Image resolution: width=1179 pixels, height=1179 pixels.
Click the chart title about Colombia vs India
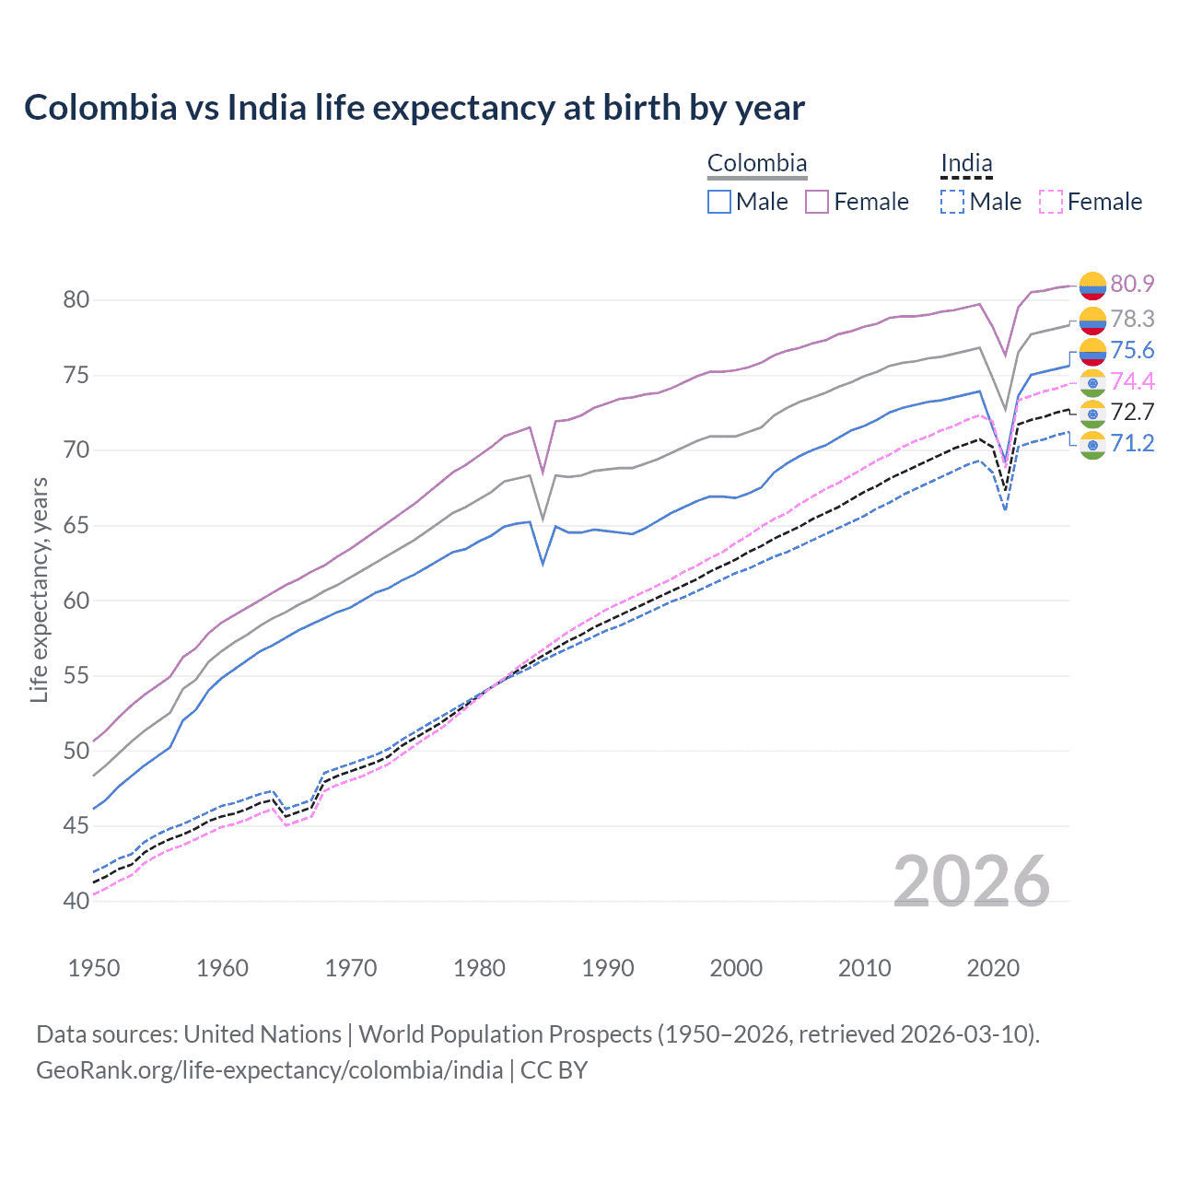pyautogui.click(x=414, y=108)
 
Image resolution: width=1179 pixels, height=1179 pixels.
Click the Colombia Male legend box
pyautogui.click(x=719, y=202)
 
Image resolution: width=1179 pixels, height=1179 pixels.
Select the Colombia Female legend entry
pyautogui.click(x=858, y=202)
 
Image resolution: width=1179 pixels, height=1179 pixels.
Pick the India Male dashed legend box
pyautogui.click(x=952, y=202)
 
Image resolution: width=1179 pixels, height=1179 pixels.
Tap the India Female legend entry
pyautogui.click(x=1091, y=202)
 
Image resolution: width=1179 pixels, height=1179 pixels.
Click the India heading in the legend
pyautogui.click(x=966, y=164)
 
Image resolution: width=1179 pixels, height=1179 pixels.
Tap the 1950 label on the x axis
pyautogui.click(x=94, y=968)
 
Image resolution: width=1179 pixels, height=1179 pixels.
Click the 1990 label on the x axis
pyautogui.click(x=608, y=968)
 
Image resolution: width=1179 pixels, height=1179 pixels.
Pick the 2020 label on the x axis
pyautogui.click(x=993, y=968)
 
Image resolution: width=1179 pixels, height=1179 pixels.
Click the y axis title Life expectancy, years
pyautogui.click(x=39, y=589)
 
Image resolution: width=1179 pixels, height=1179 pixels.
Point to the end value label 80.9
pyautogui.click(x=1132, y=284)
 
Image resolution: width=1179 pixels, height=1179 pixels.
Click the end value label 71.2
pyautogui.click(x=1132, y=444)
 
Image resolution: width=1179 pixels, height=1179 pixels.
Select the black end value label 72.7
pyautogui.click(x=1132, y=412)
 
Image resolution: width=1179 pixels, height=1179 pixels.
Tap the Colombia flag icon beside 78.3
pyautogui.click(x=1092, y=320)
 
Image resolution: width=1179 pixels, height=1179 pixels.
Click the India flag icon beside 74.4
pyautogui.click(x=1092, y=382)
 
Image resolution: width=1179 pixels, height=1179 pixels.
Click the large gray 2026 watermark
pyautogui.click(x=971, y=881)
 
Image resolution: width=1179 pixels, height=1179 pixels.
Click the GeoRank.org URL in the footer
pyautogui.click(x=269, y=1070)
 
